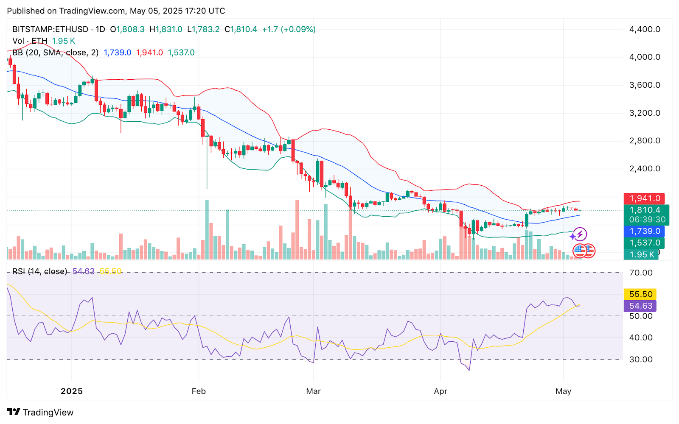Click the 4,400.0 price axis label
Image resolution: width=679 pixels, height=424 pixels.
click(x=644, y=29)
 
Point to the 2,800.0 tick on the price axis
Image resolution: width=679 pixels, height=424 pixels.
click(x=644, y=141)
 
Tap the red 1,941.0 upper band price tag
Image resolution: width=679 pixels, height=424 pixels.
click(x=644, y=198)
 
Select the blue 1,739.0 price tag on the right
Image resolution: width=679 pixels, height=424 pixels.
click(x=644, y=231)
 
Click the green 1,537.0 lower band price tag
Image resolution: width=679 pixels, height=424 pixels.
click(x=644, y=243)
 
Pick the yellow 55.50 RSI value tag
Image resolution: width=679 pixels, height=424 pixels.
click(x=640, y=294)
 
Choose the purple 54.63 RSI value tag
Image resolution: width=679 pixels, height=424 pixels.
click(x=640, y=306)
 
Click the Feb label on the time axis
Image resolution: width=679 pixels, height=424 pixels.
click(x=199, y=391)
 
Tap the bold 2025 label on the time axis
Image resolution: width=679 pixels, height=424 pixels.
click(x=72, y=391)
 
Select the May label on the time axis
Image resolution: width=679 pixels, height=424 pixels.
click(x=563, y=391)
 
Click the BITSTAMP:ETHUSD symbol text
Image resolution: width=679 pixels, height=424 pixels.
click(x=50, y=29)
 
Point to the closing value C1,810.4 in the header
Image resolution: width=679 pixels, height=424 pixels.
click(x=241, y=29)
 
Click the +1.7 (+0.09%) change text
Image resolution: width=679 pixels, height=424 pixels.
click(x=289, y=29)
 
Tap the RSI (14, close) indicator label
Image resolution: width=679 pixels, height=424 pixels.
click(x=39, y=271)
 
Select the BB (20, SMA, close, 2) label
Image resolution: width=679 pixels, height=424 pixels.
click(x=55, y=53)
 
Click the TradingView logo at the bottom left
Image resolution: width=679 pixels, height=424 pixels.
click(x=40, y=412)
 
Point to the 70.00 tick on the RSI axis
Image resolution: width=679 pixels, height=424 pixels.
click(x=640, y=273)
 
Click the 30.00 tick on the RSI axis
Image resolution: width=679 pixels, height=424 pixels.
click(x=640, y=360)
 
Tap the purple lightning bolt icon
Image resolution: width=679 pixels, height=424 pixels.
click(x=580, y=234)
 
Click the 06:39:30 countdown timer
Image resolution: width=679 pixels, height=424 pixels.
click(x=647, y=220)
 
